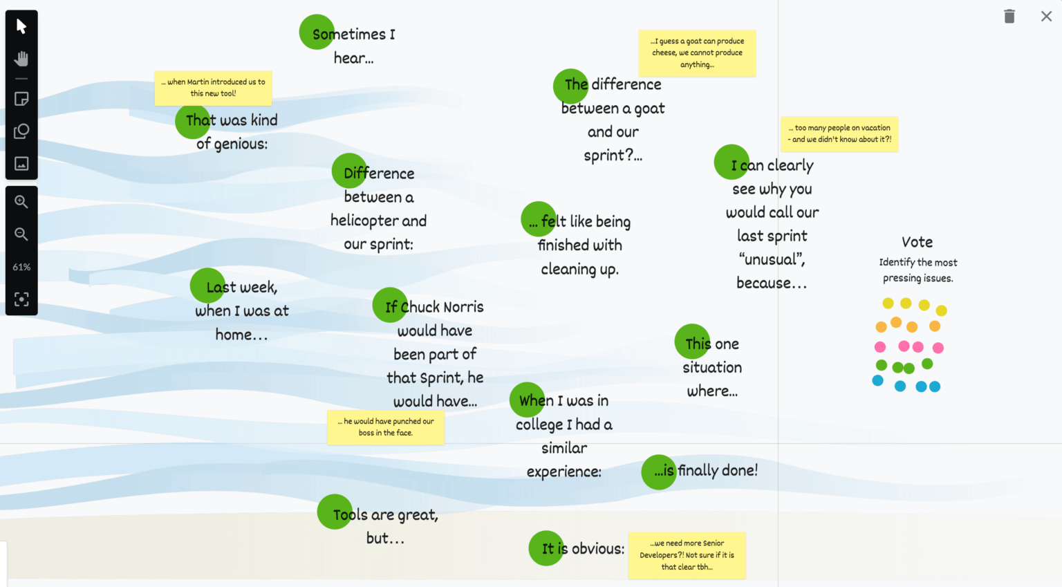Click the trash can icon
[1009, 16]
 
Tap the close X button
[1046, 16]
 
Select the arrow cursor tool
[21, 26]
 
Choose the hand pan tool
[21, 59]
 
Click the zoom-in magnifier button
[21, 202]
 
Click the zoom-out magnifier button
[21, 234]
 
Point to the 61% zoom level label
[21, 267]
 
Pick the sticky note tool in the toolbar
[21, 99]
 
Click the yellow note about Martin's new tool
[213, 88]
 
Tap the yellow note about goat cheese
[697, 53]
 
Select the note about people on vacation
[839, 133]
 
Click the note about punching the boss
[385, 427]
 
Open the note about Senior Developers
[687, 555]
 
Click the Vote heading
[917, 242]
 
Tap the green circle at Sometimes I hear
[317, 32]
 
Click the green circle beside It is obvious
[546, 548]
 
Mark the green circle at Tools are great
[335, 512]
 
